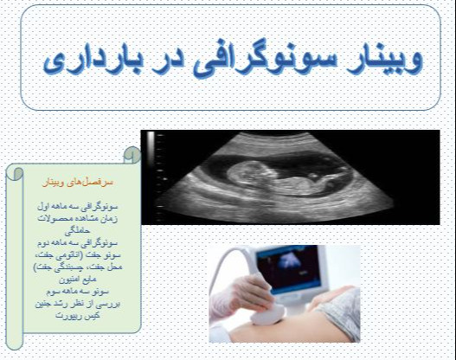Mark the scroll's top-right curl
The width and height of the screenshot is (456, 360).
(132, 155)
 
